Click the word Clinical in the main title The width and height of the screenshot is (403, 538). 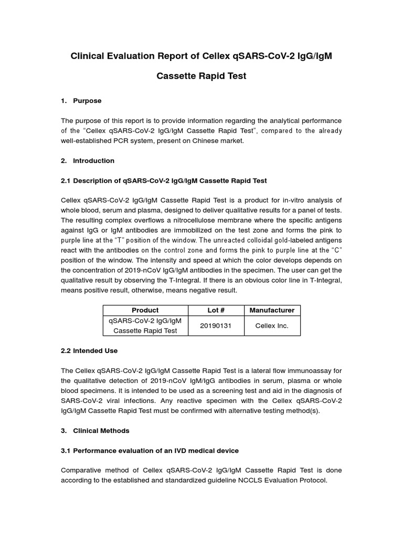[x=89, y=56]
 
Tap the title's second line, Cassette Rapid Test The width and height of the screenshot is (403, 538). [x=201, y=76]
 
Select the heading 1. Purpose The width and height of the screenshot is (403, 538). [x=81, y=100]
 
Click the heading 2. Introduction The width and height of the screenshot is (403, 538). [x=88, y=160]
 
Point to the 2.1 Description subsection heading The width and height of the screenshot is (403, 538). [x=164, y=180]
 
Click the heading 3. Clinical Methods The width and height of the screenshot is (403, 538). [x=95, y=430]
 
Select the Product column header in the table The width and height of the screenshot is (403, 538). [x=145, y=310]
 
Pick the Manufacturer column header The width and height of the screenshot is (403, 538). [x=272, y=310]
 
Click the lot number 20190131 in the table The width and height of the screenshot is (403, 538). [x=216, y=326]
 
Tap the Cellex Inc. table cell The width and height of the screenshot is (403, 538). [x=272, y=326]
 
